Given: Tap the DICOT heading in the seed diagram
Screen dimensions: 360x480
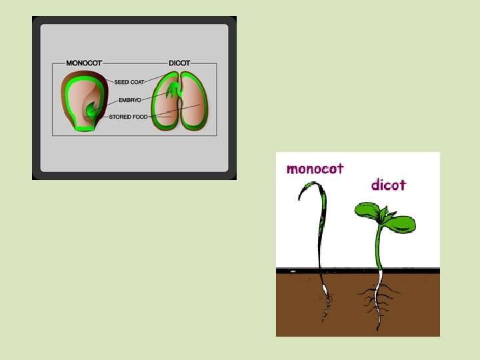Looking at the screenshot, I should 179,63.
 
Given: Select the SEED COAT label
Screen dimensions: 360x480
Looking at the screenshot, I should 129,82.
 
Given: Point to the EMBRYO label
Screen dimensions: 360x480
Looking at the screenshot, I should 129,100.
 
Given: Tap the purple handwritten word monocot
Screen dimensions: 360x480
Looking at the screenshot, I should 315,169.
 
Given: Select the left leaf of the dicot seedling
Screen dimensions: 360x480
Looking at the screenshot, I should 367,211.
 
